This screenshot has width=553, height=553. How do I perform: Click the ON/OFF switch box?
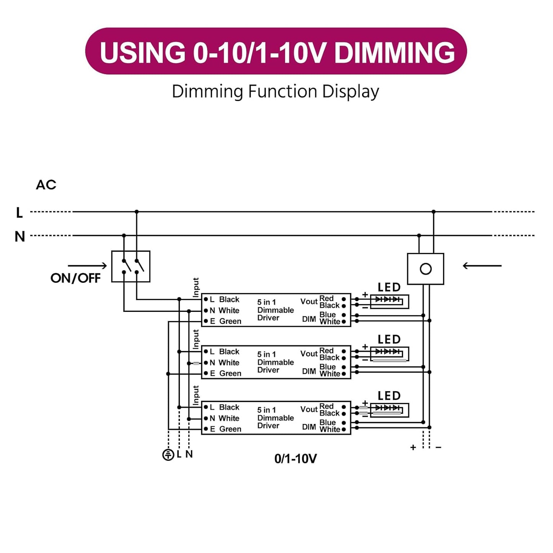[131, 266]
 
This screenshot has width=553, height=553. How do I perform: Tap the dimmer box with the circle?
[426, 269]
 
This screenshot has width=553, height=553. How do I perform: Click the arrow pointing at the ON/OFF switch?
[87, 266]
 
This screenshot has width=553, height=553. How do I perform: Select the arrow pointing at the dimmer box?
[482, 266]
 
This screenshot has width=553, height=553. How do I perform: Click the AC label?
[46, 185]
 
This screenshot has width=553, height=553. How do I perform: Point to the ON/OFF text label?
[75, 278]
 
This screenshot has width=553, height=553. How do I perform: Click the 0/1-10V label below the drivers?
[295, 458]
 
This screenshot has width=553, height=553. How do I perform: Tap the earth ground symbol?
[168, 455]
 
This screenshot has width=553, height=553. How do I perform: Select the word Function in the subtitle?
[282, 92]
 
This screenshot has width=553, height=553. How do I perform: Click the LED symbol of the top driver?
[389, 301]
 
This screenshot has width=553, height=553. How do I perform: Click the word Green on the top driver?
[230, 321]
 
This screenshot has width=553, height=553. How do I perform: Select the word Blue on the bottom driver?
[328, 422]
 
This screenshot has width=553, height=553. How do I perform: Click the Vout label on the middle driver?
[309, 354]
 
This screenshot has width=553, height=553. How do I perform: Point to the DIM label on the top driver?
[309, 319]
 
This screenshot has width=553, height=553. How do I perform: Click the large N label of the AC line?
[20, 237]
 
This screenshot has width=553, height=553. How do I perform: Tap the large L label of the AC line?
[20, 212]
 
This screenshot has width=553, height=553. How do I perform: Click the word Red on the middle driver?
[326, 351]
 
